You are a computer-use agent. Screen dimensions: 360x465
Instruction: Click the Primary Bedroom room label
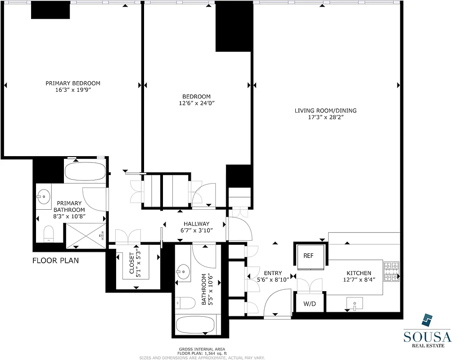coord(73,83)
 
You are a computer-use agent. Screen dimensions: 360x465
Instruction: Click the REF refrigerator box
coord(308,256)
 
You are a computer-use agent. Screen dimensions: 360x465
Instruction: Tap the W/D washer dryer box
coord(309,304)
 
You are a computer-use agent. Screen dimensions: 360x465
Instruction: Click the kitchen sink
coord(355,305)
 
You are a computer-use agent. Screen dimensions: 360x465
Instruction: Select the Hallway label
coord(196,224)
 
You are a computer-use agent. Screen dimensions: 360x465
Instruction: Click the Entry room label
coord(273,273)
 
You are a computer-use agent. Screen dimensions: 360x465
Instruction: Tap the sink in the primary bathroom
coord(44,196)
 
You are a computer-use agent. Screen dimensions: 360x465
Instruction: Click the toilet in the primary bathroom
coord(48,233)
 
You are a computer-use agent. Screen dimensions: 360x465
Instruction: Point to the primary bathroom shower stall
coord(86,235)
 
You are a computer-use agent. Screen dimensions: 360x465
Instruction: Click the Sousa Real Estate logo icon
coord(426,320)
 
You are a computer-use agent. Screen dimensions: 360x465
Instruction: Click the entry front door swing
coord(275,304)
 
